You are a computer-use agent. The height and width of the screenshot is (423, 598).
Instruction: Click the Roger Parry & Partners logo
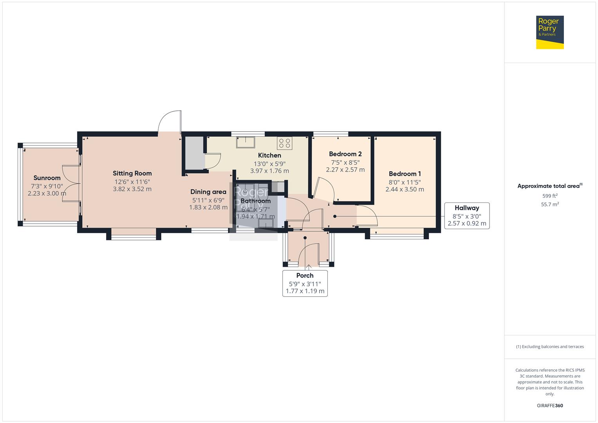(x=549, y=32)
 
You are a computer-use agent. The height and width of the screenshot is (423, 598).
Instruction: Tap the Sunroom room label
(x=47, y=178)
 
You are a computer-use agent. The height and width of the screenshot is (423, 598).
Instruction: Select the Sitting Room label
(x=132, y=173)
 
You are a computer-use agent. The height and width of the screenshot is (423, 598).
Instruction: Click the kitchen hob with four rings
(x=285, y=143)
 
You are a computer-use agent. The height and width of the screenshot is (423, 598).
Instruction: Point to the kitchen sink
(x=246, y=142)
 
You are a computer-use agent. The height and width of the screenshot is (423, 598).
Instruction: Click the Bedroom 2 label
(x=345, y=154)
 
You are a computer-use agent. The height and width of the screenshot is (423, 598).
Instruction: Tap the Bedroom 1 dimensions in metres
(x=405, y=189)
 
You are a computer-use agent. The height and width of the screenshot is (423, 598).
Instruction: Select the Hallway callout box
(x=467, y=216)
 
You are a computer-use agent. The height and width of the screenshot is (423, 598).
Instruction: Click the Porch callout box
(x=305, y=283)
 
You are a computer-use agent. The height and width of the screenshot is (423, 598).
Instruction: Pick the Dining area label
(x=208, y=192)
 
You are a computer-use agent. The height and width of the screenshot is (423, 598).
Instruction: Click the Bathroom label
(x=255, y=201)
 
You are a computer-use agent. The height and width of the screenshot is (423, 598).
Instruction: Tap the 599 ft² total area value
(x=550, y=196)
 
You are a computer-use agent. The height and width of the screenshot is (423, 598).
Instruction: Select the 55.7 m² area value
(x=550, y=204)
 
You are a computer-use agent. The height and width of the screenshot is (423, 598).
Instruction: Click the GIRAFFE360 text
(x=550, y=405)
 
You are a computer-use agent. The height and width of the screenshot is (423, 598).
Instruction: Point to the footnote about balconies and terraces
(x=550, y=347)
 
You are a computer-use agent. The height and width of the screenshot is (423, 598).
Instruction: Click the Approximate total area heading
(x=550, y=186)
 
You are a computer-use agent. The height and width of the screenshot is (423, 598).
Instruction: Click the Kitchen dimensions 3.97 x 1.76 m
(x=269, y=171)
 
